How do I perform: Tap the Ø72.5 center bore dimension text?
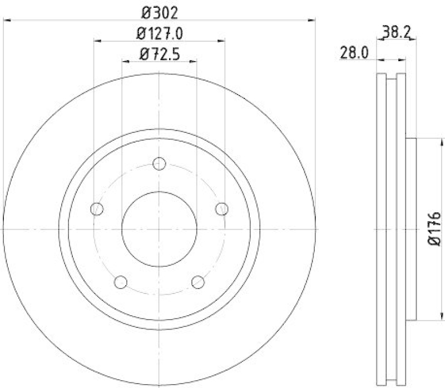(160, 54)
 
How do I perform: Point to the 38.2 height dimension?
(397, 33)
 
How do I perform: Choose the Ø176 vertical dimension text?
(434, 228)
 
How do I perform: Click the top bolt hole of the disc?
(160, 164)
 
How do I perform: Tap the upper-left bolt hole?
(97, 209)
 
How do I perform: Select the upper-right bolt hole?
(222, 209)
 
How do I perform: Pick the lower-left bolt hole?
(121, 282)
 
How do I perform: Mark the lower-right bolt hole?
(198, 282)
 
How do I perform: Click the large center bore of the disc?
(160, 229)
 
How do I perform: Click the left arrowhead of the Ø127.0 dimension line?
(97, 41)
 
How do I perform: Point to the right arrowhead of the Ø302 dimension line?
(312, 20)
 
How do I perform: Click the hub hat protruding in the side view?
(411, 229)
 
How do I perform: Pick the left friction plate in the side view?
(381, 229)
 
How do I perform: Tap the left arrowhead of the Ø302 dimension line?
(8, 20)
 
